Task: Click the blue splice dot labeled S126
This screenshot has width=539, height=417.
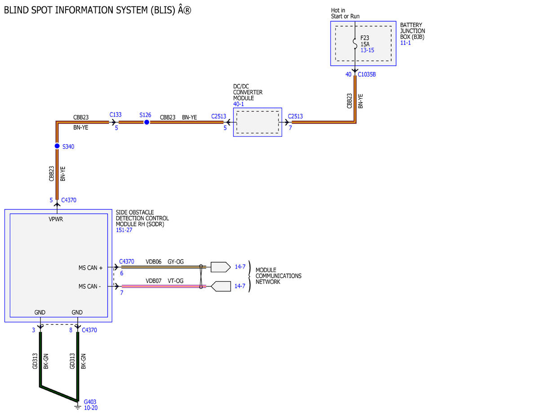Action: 146,122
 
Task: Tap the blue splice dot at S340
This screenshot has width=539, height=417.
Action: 57,146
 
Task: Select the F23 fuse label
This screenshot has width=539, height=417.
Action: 365,38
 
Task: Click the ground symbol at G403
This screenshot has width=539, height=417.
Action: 78,407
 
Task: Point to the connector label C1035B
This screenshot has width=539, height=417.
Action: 367,75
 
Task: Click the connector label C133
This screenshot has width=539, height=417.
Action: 115,115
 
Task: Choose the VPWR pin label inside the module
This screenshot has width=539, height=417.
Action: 56,220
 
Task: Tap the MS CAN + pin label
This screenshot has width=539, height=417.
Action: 91,268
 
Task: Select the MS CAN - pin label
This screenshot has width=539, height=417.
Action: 89,287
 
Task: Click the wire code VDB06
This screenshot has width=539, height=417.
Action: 153,262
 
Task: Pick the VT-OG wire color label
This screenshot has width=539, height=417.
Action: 176,281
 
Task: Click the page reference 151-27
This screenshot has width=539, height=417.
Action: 124,230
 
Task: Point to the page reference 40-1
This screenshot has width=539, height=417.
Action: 239,104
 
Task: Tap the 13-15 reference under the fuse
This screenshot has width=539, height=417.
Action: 367,50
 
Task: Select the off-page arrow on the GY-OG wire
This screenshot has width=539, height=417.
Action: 221,267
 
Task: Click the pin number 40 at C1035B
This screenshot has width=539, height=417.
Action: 349,75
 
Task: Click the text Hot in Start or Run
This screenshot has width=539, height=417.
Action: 345,13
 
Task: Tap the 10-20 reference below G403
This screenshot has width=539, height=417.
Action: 91,408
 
